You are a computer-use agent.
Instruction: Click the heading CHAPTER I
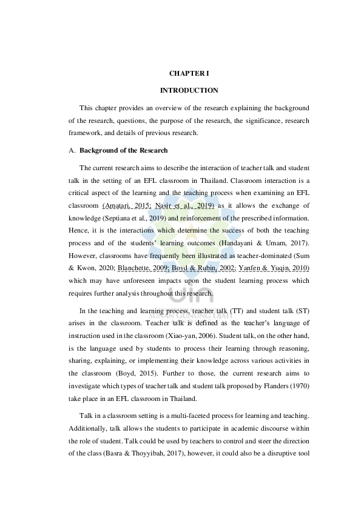point(189,73)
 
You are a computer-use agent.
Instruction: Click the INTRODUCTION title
point(189,90)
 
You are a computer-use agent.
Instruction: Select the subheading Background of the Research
point(123,150)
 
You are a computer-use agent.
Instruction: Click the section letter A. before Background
point(72,150)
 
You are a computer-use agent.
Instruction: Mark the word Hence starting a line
point(77,231)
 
